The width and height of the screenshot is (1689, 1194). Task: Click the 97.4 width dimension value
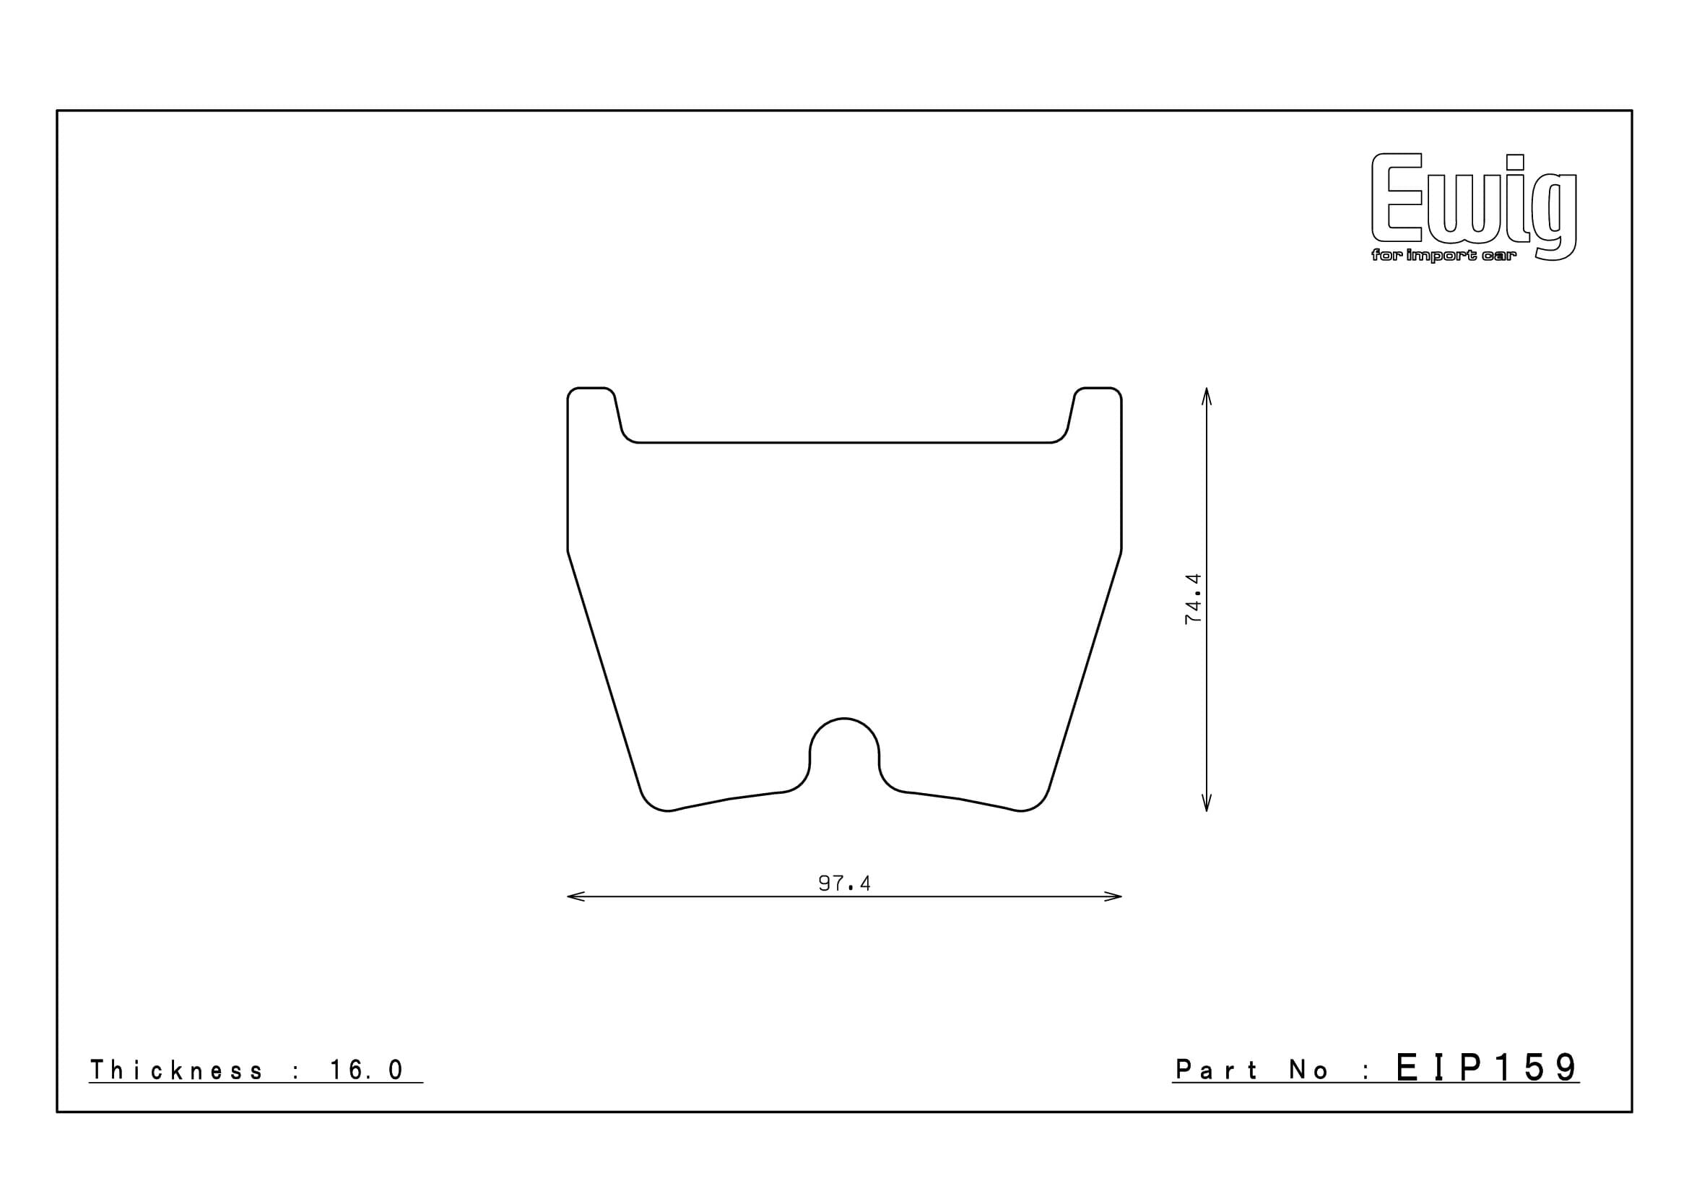845,883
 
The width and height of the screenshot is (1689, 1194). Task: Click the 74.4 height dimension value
1192,599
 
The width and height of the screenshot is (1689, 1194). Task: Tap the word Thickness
175,1070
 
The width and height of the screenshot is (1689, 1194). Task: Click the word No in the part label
1309,1070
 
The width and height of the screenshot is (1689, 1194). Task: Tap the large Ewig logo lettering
1474,202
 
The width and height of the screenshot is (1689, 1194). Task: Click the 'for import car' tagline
1443,256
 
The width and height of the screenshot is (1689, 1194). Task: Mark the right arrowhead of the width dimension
1113,897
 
